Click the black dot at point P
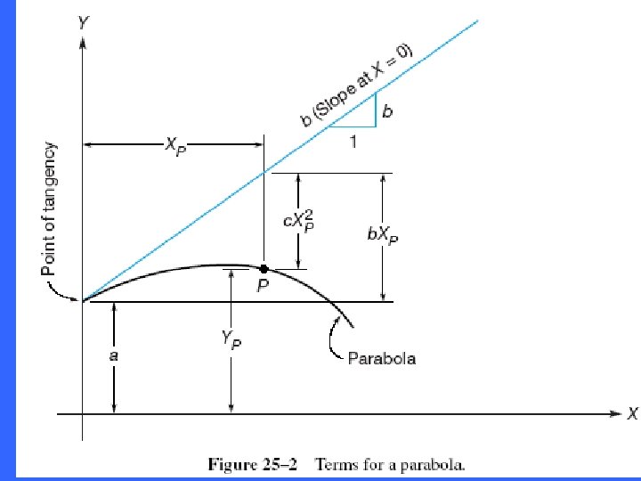[x=264, y=268]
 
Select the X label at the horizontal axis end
[x=632, y=413]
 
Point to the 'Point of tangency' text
[x=51, y=209]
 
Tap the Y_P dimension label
[x=231, y=339]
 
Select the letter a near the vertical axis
[x=114, y=355]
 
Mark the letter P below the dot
[x=264, y=288]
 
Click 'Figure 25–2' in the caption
[x=248, y=464]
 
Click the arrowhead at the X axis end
[x=615, y=413]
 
